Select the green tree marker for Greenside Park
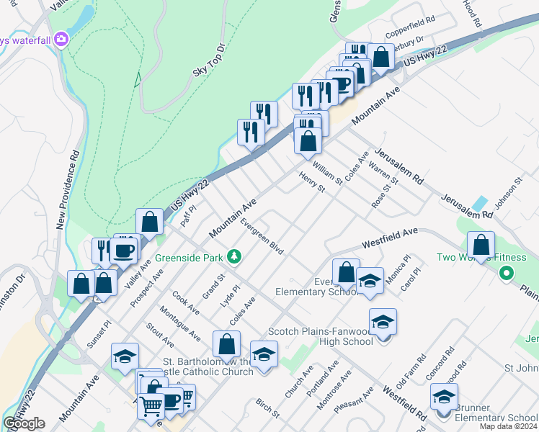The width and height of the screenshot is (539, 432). click(x=233, y=256)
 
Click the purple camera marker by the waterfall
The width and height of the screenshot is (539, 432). click(x=62, y=39)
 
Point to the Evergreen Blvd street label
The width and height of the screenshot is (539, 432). click(x=262, y=236)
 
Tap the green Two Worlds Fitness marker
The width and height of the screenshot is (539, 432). click(x=506, y=273)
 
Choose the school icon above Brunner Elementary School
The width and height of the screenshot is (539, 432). click(x=444, y=397)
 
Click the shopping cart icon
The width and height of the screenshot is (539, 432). click(x=152, y=408)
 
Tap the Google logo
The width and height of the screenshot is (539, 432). click(x=24, y=423)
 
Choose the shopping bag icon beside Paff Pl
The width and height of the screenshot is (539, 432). click(x=149, y=222)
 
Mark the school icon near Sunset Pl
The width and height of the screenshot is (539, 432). click(x=125, y=356)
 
